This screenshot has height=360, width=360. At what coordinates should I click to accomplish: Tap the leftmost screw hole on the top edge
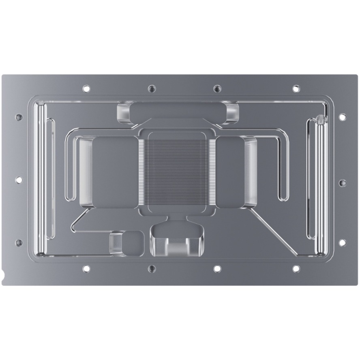pos(86,88)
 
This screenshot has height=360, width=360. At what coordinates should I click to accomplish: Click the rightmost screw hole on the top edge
pos(296,88)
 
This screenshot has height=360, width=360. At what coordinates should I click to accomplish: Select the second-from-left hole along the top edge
pos(152,88)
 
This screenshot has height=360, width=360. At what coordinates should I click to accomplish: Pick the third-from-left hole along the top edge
pos(217,88)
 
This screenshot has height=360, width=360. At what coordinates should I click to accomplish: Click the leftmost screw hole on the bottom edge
pos(86,268)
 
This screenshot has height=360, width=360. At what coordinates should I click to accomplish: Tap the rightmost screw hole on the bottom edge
pos(296,268)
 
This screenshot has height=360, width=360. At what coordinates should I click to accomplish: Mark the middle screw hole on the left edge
pos(19,180)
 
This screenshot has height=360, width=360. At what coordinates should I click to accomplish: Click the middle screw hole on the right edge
pos(342,183)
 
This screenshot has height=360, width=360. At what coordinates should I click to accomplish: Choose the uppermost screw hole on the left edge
pos(19,117)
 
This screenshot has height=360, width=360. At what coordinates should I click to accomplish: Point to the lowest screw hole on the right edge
pos(342,242)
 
